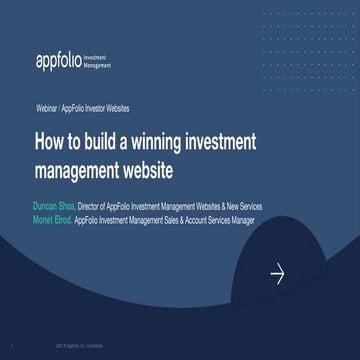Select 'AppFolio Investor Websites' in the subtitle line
pos(96,107)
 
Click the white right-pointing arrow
pos(278,273)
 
